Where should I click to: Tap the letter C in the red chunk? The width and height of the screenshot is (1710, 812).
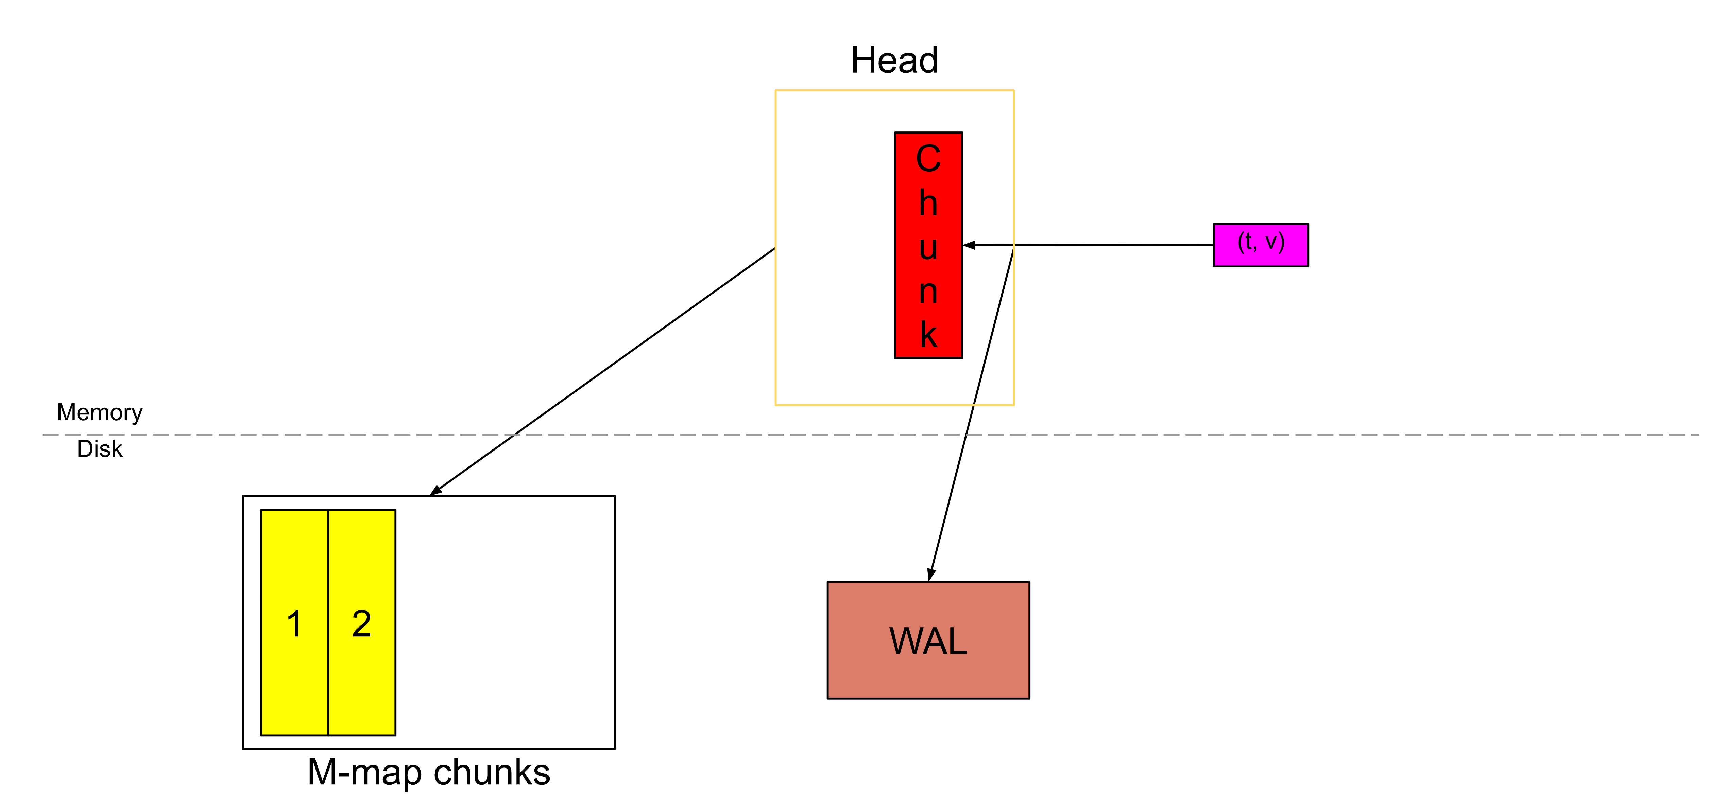click(928, 159)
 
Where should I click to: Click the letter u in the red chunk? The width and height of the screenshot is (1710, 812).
click(928, 247)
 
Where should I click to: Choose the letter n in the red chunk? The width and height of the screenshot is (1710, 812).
click(928, 292)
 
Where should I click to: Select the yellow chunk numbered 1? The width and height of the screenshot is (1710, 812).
click(294, 622)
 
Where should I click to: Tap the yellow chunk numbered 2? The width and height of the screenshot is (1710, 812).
click(362, 622)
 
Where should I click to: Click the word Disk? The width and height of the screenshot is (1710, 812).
click(100, 449)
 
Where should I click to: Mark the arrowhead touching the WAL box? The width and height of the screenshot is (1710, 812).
click(931, 575)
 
